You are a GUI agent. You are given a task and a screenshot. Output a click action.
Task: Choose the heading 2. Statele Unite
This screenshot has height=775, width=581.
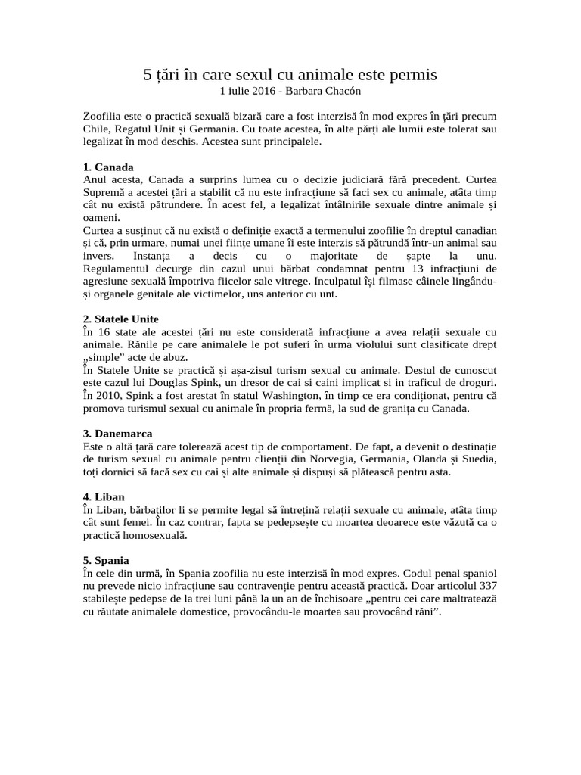click(x=121, y=319)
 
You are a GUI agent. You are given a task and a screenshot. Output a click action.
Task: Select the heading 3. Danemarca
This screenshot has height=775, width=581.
click(x=117, y=434)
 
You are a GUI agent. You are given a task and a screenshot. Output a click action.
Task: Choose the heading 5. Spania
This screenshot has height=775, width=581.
click(x=107, y=561)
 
